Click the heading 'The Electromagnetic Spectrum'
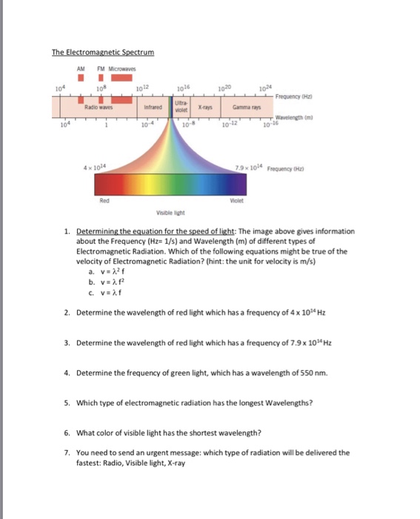click(x=102, y=53)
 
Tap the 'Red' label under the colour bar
click(x=104, y=199)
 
